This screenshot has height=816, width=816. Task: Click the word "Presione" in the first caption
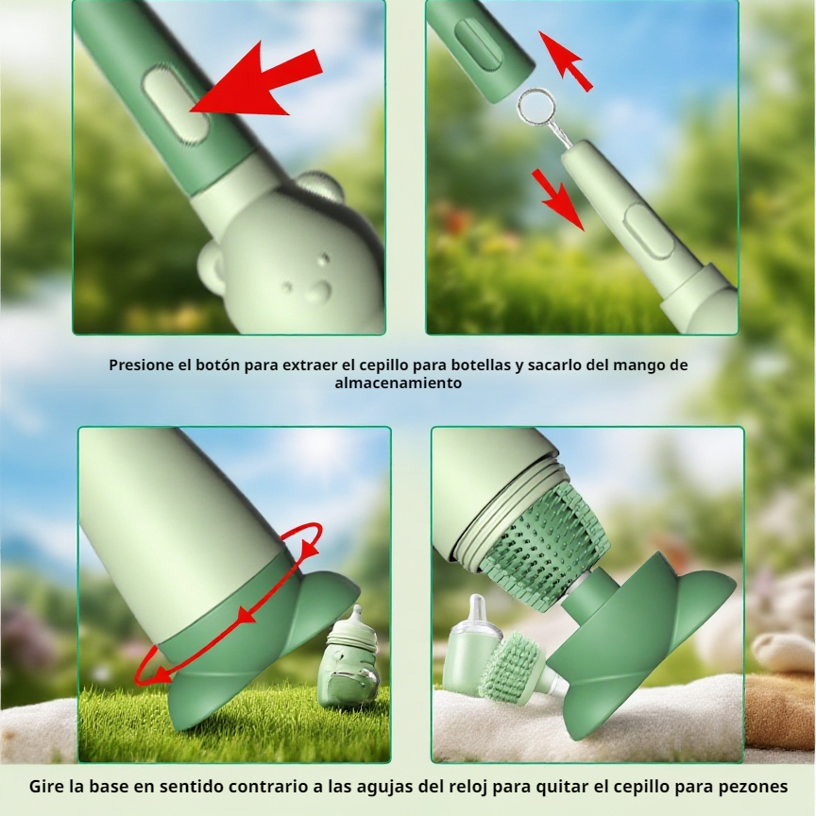(142, 365)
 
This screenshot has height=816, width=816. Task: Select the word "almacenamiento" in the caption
(399, 383)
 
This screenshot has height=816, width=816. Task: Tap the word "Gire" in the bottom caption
(46, 787)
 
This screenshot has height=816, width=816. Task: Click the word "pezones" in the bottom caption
(751, 787)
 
